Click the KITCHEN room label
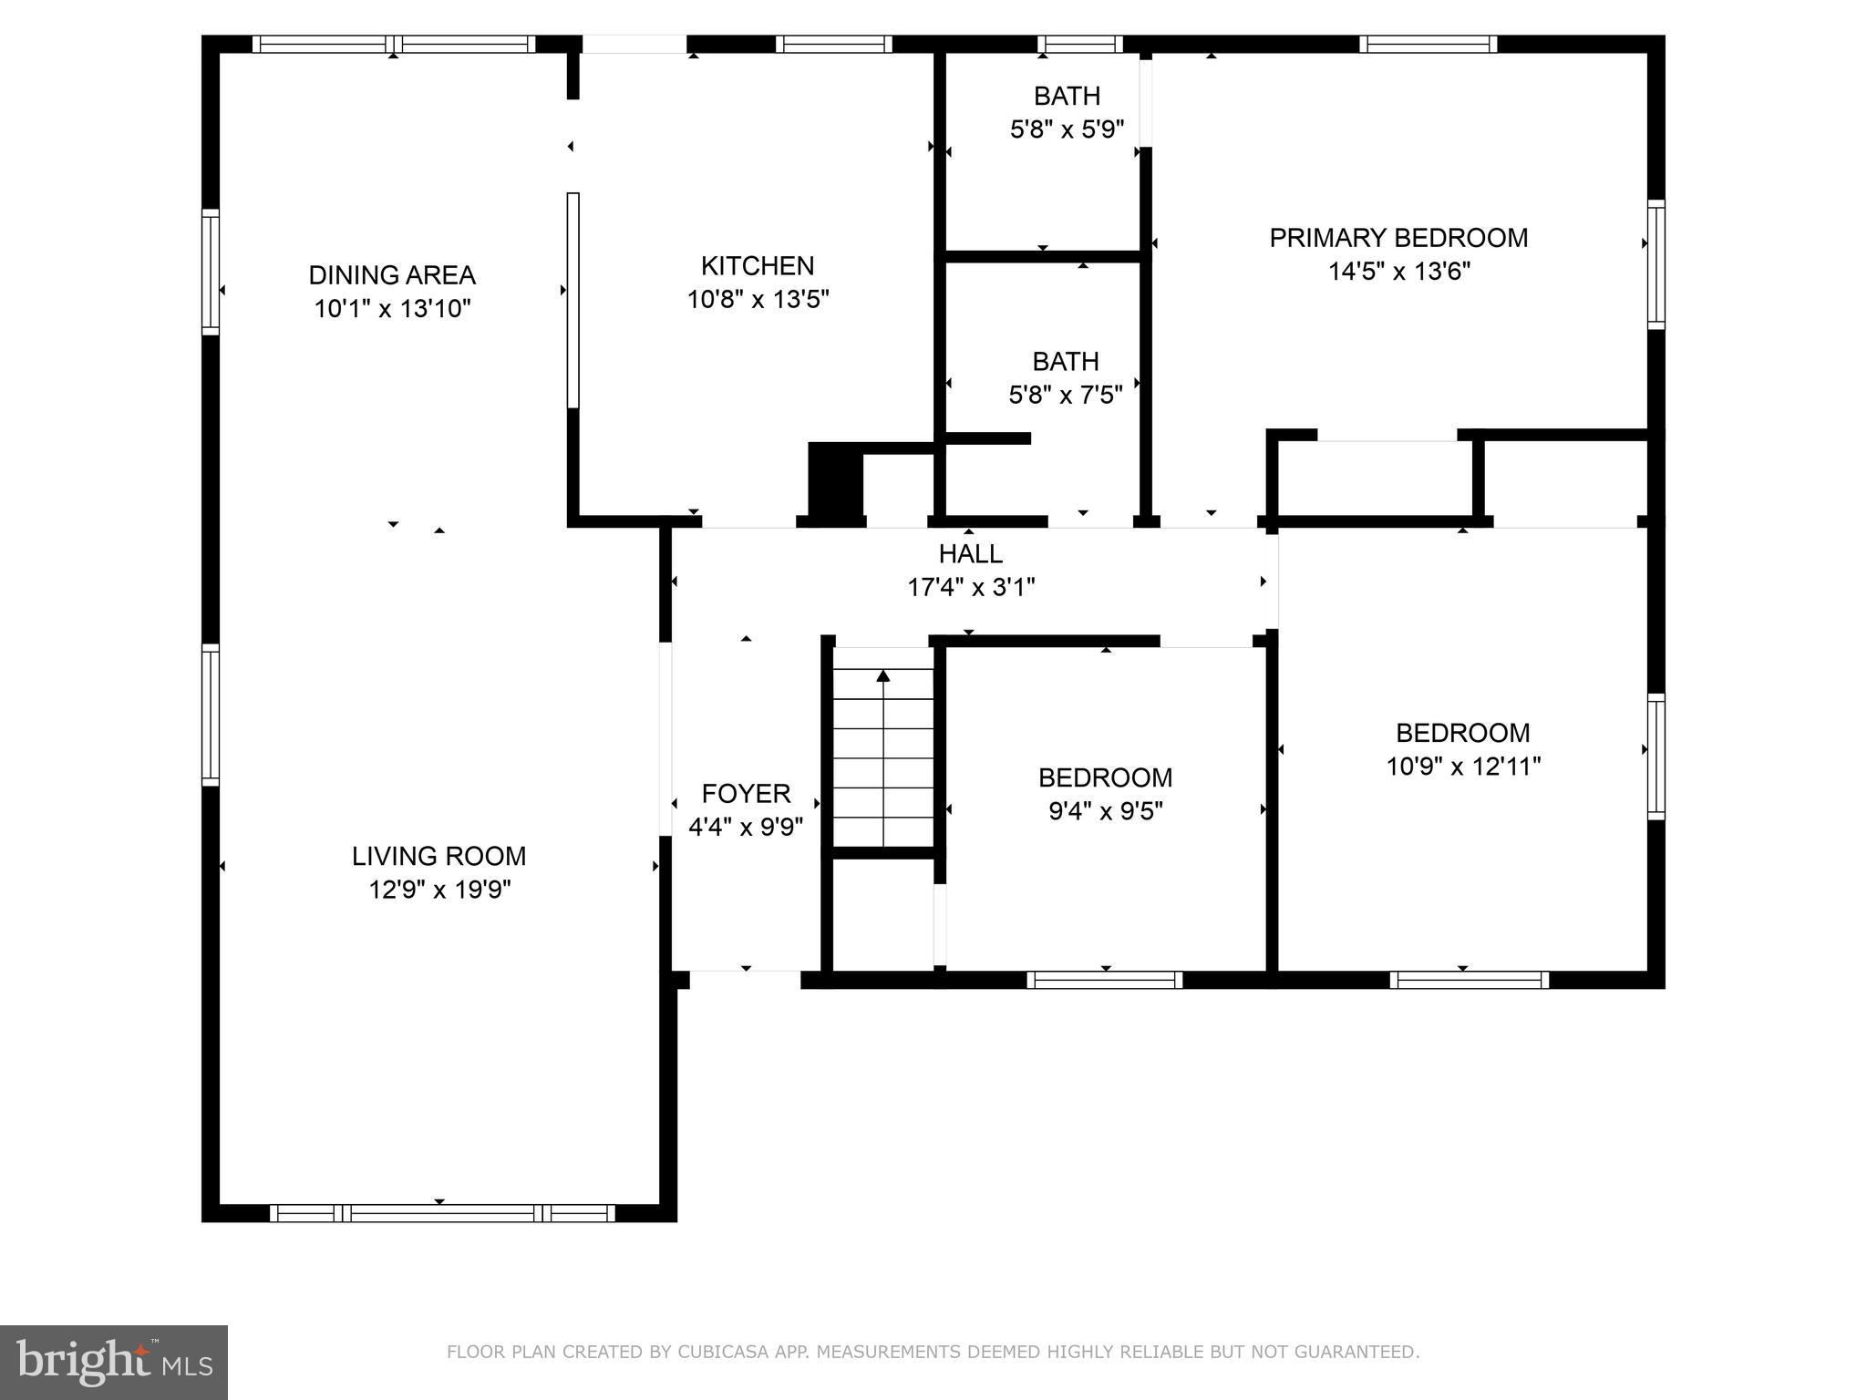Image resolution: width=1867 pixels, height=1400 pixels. (757, 266)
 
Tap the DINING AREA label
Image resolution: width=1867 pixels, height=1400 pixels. (392, 275)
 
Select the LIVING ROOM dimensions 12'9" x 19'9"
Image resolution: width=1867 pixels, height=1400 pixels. (439, 890)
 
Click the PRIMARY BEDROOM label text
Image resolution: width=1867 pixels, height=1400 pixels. (1398, 238)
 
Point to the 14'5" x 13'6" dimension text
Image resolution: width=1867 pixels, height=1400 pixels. (1398, 272)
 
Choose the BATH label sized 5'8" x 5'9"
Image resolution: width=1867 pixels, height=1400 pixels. (1067, 96)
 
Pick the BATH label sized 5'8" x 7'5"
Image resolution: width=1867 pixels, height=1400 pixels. (1065, 362)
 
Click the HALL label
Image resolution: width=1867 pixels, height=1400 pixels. (971, 553)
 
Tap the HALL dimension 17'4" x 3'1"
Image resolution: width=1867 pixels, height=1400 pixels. (971, 587)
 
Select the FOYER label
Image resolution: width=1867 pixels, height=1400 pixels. (746, 794)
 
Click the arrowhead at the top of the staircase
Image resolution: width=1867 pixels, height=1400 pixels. (882, 675)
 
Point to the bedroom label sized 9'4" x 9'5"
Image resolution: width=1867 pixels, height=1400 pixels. (1105, 777)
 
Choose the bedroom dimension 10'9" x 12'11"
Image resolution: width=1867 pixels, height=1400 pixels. (1463, 767)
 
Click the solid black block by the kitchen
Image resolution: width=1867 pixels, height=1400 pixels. (835, 483)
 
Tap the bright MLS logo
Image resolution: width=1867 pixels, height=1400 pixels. (114, 1362)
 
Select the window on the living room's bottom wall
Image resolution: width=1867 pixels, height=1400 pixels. (442, 1213)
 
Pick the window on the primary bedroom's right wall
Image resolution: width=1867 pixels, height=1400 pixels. (1656, 264)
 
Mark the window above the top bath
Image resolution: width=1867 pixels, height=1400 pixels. (1080, 44)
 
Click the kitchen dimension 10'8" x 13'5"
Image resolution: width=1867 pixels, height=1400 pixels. (757, 300)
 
